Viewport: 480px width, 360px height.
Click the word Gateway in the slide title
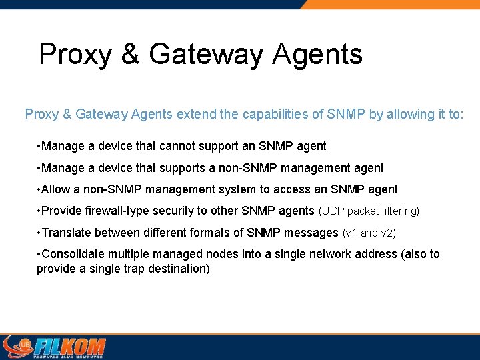(205, 54)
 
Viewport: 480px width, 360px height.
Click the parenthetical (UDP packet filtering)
(369, 211)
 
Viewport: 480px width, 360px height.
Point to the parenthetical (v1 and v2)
(369, 233)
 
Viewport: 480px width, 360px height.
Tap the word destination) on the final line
(177, 269)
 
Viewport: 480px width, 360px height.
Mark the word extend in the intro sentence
(196, 114)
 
